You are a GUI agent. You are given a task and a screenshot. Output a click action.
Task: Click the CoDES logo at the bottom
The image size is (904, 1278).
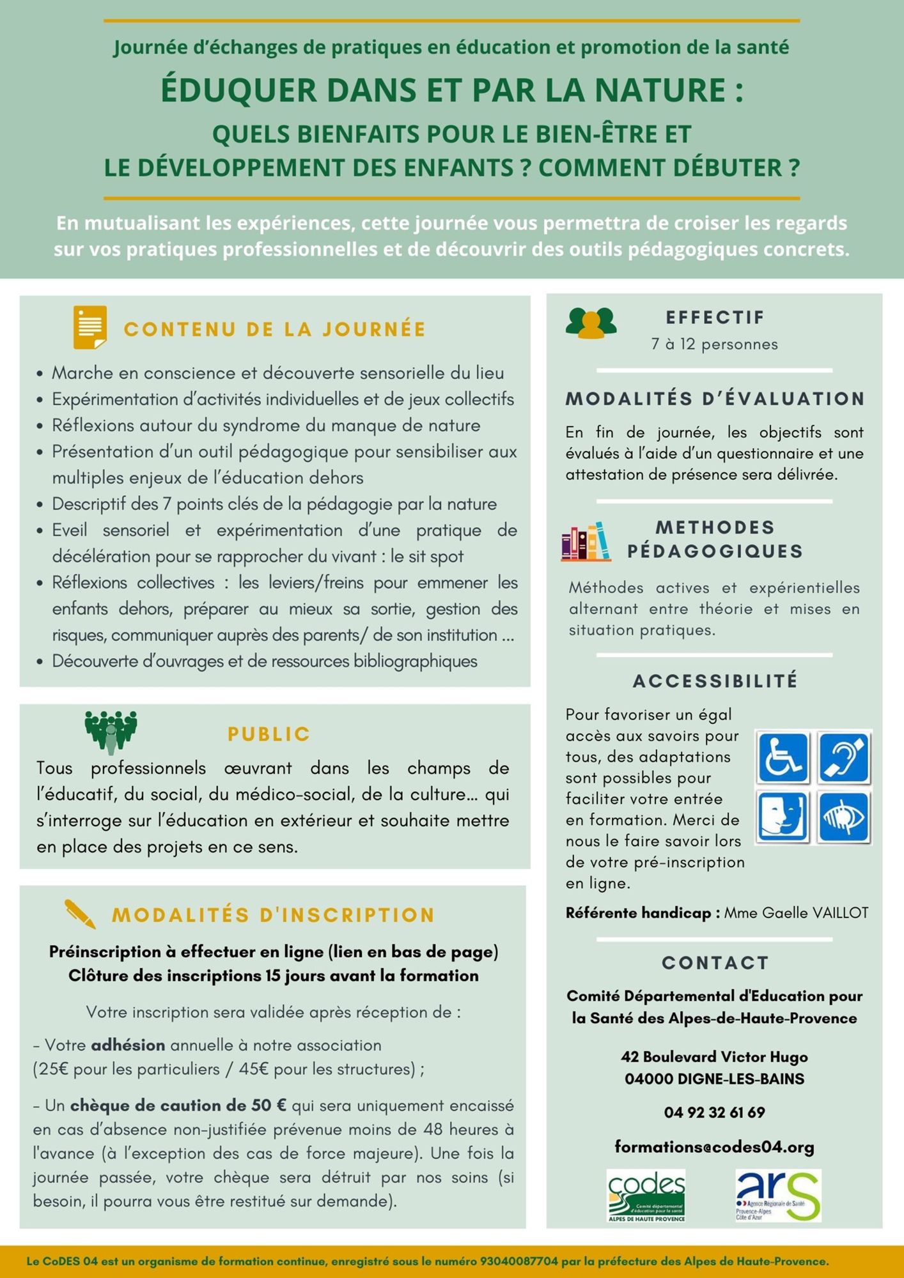(646, 1195)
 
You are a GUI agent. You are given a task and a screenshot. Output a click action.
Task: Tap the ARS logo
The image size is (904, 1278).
(777, 1195)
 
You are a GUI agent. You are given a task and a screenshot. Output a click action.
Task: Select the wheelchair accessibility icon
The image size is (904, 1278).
(783, 758)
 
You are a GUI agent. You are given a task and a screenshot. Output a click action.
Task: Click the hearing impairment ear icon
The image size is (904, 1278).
(844, 758)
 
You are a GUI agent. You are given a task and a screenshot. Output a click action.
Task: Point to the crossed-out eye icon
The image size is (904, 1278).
(844, 817)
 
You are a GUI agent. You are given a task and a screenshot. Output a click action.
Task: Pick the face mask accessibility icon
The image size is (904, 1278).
(783, 817)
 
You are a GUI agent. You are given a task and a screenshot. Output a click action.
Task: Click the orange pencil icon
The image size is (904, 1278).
(81, 914)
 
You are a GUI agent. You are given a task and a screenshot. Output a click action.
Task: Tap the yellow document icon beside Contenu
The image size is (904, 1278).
(90, 327)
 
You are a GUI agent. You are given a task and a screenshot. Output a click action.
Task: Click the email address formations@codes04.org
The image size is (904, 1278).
(714, 1146)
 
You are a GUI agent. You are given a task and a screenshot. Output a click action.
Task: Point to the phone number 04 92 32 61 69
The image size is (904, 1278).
(714, 1112)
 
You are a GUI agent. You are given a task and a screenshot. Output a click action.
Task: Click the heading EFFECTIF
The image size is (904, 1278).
(715, 318)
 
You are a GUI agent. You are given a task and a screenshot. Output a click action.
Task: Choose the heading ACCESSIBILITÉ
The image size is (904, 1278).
(715, 681)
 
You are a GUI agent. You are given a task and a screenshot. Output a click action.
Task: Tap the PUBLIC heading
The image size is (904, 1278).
(269, 734)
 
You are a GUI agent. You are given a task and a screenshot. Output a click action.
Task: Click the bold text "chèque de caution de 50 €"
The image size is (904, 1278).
(178, 1105)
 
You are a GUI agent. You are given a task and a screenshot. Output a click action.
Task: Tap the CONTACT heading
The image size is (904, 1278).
(715, 963)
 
